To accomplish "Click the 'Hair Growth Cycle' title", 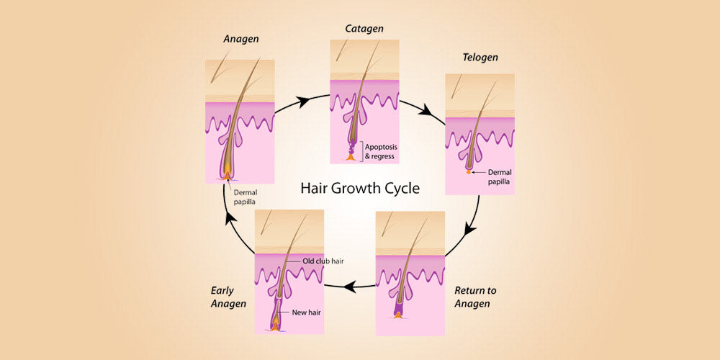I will pos(360,189).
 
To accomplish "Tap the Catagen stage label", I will pos(363,28).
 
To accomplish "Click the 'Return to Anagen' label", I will pos(475,297).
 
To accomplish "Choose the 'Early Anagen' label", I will pos(229,297).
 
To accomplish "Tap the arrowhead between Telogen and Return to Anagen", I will pos(470,229).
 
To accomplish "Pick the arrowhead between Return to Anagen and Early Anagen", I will pos(350,286).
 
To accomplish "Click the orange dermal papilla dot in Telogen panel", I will pos(469,171).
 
